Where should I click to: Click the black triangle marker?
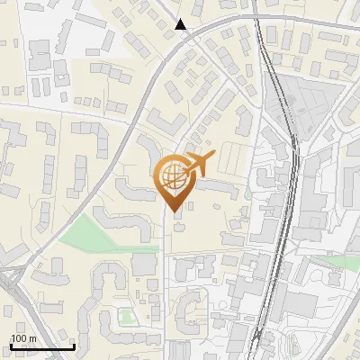181,24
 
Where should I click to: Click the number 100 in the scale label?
19,338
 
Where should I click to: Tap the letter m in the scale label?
32,338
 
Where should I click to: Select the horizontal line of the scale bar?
42,346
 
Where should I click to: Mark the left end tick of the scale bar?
11,345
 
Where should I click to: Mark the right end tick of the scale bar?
74,345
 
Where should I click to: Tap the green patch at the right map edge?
342,262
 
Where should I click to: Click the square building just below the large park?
144,264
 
